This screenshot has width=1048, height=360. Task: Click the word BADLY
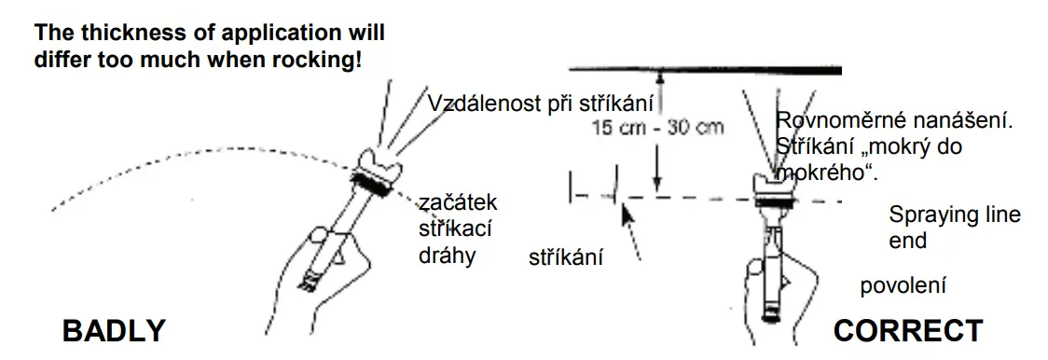tap(114, 330)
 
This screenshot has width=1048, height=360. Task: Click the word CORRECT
tap(907, 330)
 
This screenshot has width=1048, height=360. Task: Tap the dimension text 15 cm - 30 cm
tap(658, 129)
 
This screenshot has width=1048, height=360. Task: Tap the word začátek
tap(458, 202)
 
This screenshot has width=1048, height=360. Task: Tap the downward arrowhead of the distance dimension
tap(657, 187)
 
